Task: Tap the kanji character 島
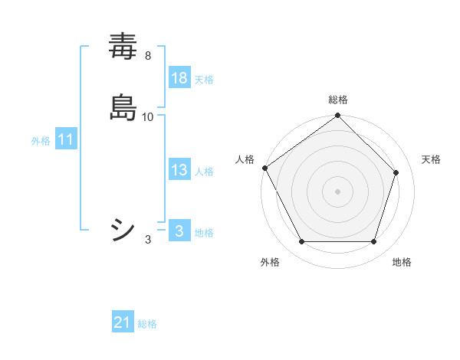[x=123, y=107]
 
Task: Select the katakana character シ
[x=123, y=229]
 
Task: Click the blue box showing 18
[x=179, y=78]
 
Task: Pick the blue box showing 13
[x=179, y=170]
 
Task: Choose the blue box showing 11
[x=66, y=140]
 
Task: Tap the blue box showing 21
[x=123, y=323]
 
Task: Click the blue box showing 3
[x=179, y=231]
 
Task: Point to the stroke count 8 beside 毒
[x=147, y=55]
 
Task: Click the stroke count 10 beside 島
[x=148, y=116]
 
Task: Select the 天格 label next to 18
[x=204, y=80]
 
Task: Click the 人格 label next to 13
[x=204, y=172]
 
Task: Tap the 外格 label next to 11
[x=41, y=141]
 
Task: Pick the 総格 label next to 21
[x=147, y=325]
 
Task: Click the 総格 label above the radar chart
[x=337, y=100]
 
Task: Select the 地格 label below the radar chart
[x=402, y=262]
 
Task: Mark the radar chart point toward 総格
[x=337, y=116]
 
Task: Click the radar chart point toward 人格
[x=265, y=168]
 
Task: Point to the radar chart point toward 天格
[x=396, y=172]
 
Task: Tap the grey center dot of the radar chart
[x=337, y=191]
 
